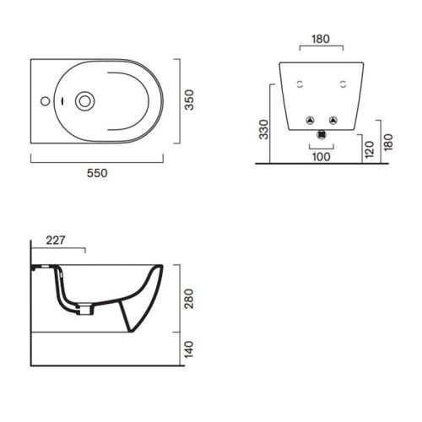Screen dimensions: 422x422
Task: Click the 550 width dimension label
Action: click(97, 173)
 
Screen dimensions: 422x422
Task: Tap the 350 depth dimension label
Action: click(190, 100)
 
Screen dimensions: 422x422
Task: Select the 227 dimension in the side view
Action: click(56, 240)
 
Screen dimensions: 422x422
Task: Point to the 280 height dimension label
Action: click(190, 299)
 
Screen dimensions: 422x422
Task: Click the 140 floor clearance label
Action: click(190, 349)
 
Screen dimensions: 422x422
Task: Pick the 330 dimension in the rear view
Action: click(264, 129)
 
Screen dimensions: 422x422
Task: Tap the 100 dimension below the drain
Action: click(322, 157)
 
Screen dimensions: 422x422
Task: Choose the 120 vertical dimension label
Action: click(370, 149)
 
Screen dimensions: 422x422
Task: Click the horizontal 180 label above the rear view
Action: click(321, 39)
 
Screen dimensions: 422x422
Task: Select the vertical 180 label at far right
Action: click(388, 142)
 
